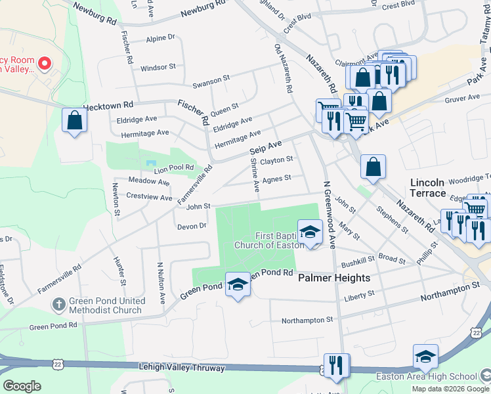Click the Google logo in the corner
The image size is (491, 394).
pyautogui.click(x=22, y=386)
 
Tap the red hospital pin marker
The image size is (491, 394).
pyautogui.click(x=45, y=64)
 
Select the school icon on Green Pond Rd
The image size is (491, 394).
pyautogui.click(x=238, y=284)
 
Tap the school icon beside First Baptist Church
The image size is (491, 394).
pyautogui.click(x=310, y=232)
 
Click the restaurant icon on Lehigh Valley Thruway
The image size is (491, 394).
pyautogui.click(x=336, y=366)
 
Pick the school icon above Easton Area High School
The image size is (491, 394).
pyautogui.click(x=425, y=357)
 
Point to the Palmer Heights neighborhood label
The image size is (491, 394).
pyautogui.click(x=334, y=278)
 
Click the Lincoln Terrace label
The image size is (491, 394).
pyautogui.click(x=428, y=187)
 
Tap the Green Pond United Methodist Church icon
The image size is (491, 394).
pyautogui.click(x=59, y=304)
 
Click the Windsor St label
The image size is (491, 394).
pyautogui.click(x=158, y=67)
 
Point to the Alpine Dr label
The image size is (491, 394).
pyautogui.click(x=161, y=39)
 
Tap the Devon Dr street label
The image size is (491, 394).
pyautogui.click(x=192, y=226)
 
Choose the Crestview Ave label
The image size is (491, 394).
pyautogui.click(x=149, y=197)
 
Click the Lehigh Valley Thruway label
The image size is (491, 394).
pyautogui.click(x=182, y=368)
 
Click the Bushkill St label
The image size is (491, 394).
pyautogui.click(x=358, y=259)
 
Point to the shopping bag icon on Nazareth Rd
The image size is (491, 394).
pyautogui.click(x=373, y=167)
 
